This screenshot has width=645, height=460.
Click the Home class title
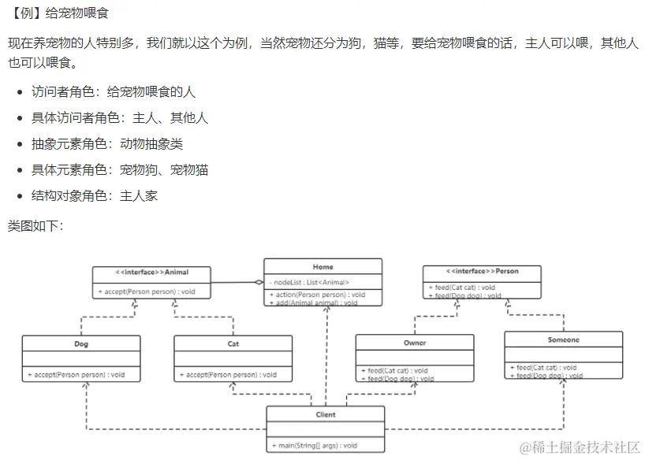(322, 267)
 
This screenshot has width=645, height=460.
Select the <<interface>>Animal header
(151, 273)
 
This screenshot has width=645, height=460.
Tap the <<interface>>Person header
(482, 271)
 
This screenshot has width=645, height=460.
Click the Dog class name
(81, 343)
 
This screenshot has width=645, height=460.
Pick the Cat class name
(233, 343)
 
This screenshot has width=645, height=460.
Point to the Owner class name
(415, 343)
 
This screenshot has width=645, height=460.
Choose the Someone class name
(563, 339)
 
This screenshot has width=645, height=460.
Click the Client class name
(325, 414)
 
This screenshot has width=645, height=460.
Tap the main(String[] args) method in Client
(313, 446)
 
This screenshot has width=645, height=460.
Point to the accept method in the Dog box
(76, 375)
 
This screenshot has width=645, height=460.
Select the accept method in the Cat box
(228, 375)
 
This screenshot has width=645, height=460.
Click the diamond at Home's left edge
(259, 282)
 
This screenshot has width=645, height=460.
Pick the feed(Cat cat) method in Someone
(543, 367)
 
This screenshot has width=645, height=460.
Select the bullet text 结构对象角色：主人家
(95, 195)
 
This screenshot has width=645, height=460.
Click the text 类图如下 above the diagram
(35, 225)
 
